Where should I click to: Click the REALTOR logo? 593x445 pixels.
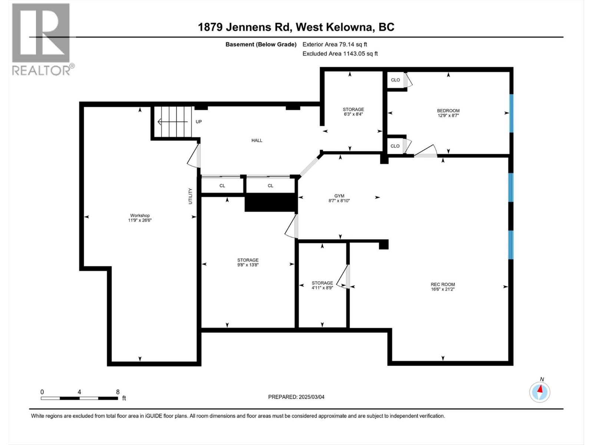[x=41, y=39]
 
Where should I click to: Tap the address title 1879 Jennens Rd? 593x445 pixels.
[x=296, y=27]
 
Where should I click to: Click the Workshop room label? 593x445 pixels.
[x=140, y=218]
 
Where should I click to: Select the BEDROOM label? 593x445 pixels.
[x=448, y=113]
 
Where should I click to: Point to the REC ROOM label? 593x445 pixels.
[x=443, y=287]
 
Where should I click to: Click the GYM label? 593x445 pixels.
[x=339, y=198]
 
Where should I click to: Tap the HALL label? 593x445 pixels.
[x=257, y=140]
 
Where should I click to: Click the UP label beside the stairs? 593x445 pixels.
[x=199, y=122]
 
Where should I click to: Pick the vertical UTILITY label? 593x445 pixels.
[x=191, y=196]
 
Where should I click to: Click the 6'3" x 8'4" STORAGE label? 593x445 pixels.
[x=353, y=112]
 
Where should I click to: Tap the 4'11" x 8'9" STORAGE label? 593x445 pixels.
[x=322, y=285]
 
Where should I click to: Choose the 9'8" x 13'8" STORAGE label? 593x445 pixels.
[x=248, y=262]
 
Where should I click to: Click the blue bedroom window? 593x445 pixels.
[x=511, y=113]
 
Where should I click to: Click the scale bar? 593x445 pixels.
[x=79, y=398]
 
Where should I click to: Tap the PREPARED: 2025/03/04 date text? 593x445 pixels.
[x=296, y=397]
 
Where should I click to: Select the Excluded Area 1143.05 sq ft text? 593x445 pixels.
[x=340, y=53]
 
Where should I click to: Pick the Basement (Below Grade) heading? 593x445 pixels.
[x=261, y=44]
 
